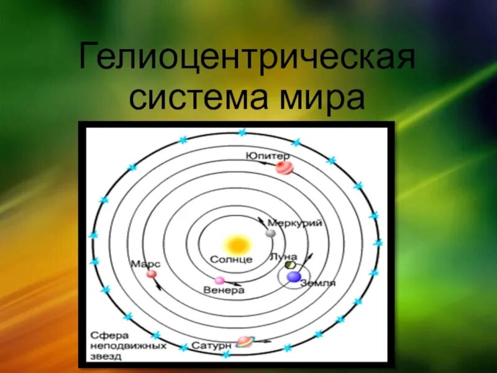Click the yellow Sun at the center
[x=237, y=244]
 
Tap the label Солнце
[x=231, y=259]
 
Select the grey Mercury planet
[x=270, y=233]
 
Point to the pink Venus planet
[x=219, y=280]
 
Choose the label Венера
[x=224, y=290]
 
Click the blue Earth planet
[x=294, y=276]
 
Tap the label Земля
[x=317, y=283]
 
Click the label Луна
[x=283, y=256]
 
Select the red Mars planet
[x=152, y=274]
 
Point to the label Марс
[x=142, y=264]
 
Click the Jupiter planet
[x=284, y=167]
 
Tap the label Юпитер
[x=268, y=155]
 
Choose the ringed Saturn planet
[x=245, y=341]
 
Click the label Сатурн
[x=212, y=344]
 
